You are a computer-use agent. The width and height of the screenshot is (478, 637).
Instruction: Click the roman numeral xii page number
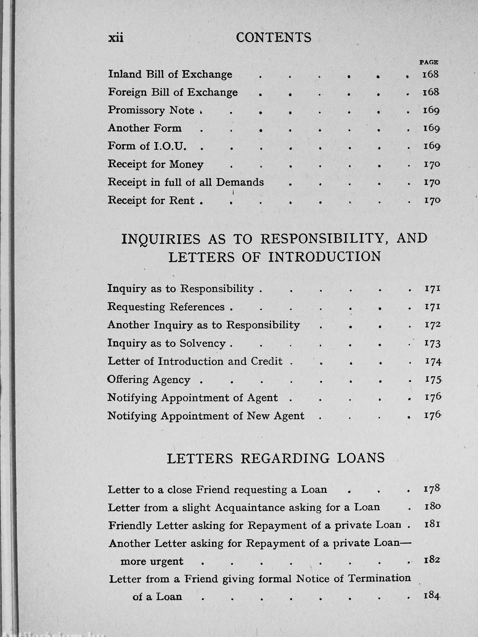116,38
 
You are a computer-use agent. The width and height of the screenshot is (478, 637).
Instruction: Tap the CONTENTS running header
274,38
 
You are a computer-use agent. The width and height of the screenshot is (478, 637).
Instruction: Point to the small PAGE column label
429,62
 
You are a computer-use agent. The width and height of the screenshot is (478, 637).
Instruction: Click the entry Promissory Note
151,110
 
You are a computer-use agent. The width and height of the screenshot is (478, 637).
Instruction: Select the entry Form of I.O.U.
147,146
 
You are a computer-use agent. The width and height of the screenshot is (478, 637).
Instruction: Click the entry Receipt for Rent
151,200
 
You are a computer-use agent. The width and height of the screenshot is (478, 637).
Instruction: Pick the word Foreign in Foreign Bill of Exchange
127,93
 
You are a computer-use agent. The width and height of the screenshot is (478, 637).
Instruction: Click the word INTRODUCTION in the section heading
325,257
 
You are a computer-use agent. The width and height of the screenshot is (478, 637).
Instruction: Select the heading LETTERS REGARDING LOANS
276,458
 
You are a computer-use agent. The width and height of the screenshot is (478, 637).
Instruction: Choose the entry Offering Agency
149,380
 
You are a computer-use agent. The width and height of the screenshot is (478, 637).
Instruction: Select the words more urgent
152,561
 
